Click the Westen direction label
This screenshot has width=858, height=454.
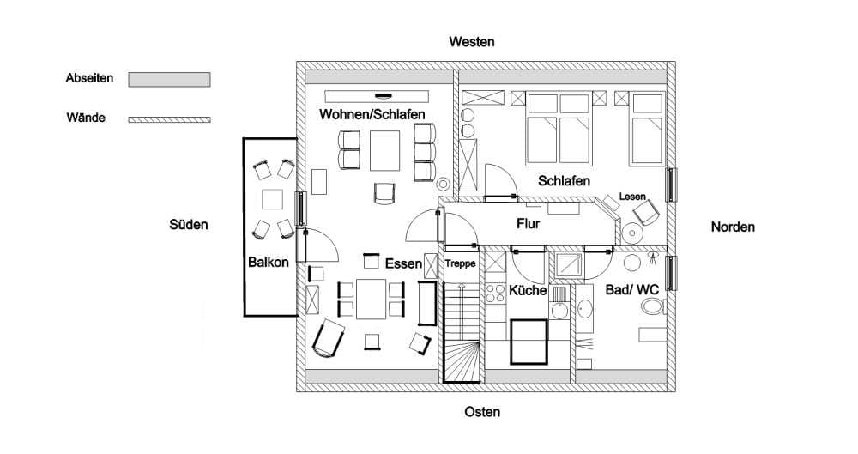(472, 42)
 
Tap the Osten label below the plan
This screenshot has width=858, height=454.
(482, 412)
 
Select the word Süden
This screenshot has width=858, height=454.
(189, 226)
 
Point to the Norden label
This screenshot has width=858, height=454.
(733, 227)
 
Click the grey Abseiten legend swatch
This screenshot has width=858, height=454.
(169, 79)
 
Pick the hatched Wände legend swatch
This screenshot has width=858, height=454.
(169, 119)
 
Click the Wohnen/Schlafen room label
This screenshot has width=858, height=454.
(372, 114)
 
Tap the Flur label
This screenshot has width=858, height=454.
(528, 224)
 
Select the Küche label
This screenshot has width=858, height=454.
(528, 290)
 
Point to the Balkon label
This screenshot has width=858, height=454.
(268, 262)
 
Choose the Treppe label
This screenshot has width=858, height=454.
(460, 263)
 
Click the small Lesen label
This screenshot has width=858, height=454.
(631, 197)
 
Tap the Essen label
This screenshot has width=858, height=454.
(403, 263)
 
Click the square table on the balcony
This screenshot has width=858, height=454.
(273, 199)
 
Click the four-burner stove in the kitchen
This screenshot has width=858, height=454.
(495, 294)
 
